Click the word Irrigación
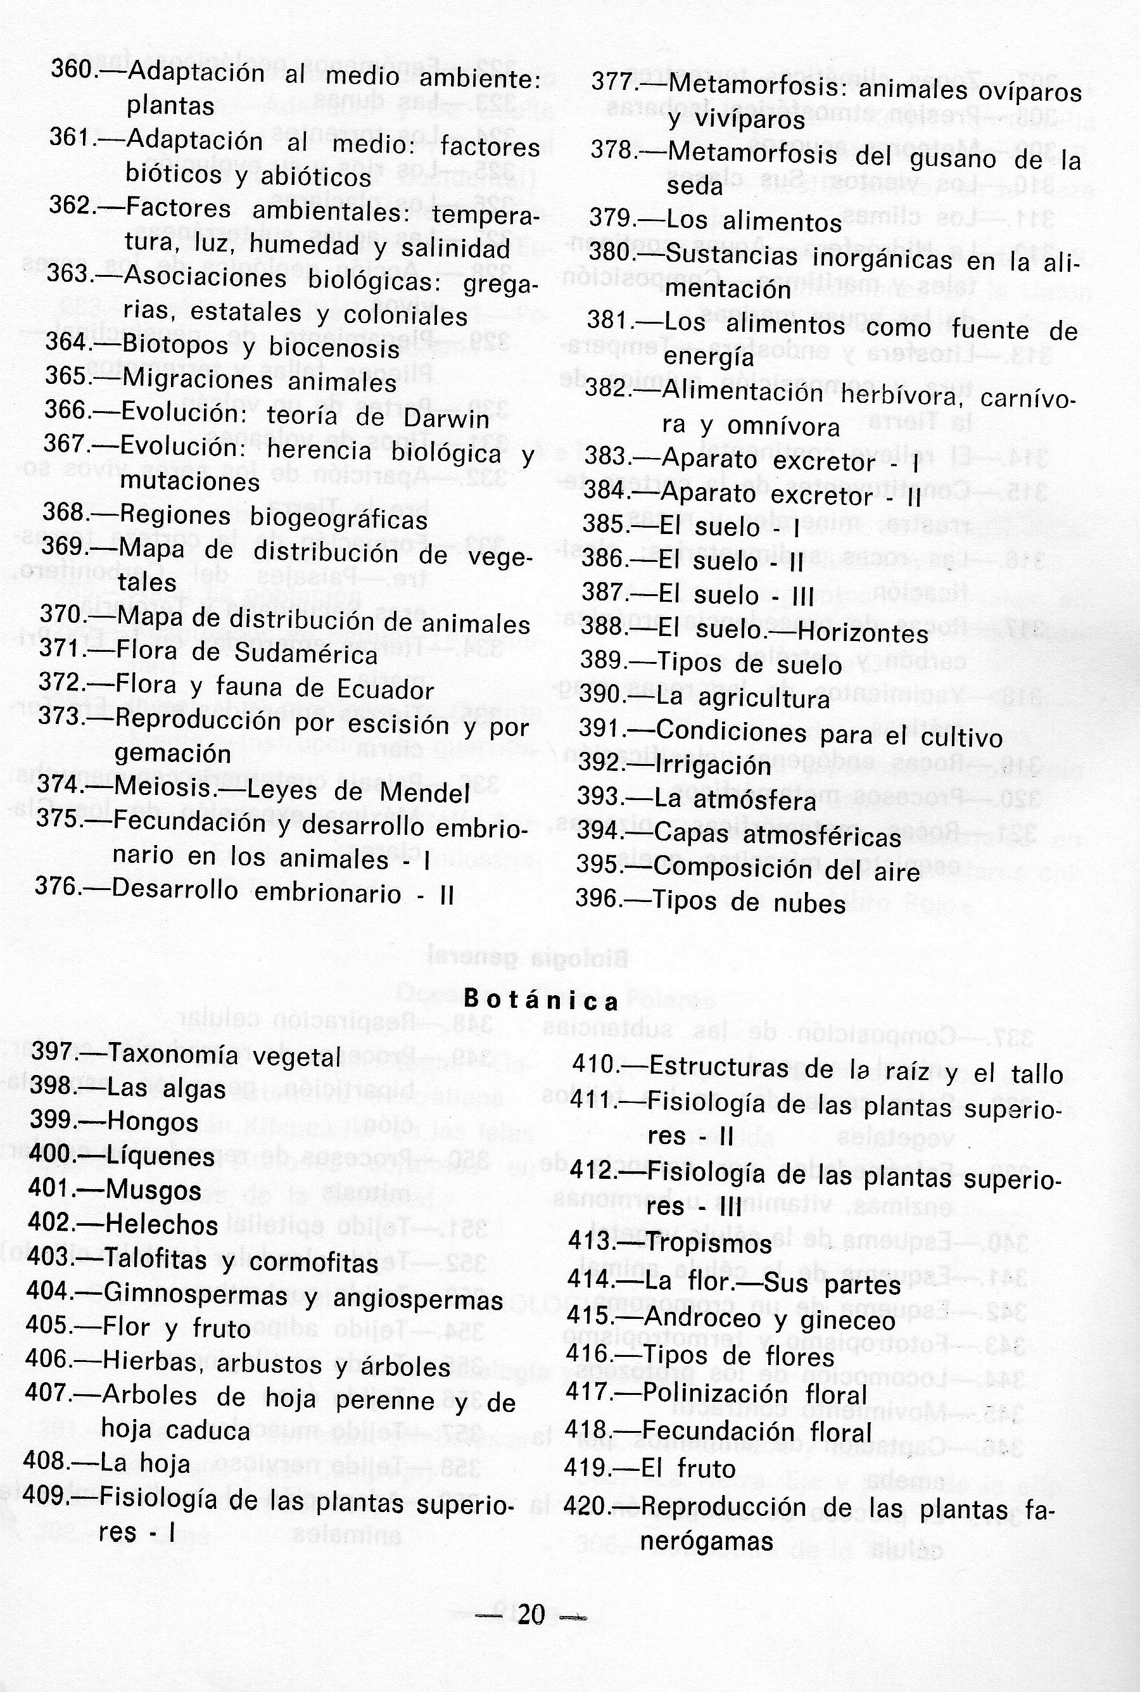click(x=712, y=766)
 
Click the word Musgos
click(x=153, y=1190)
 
